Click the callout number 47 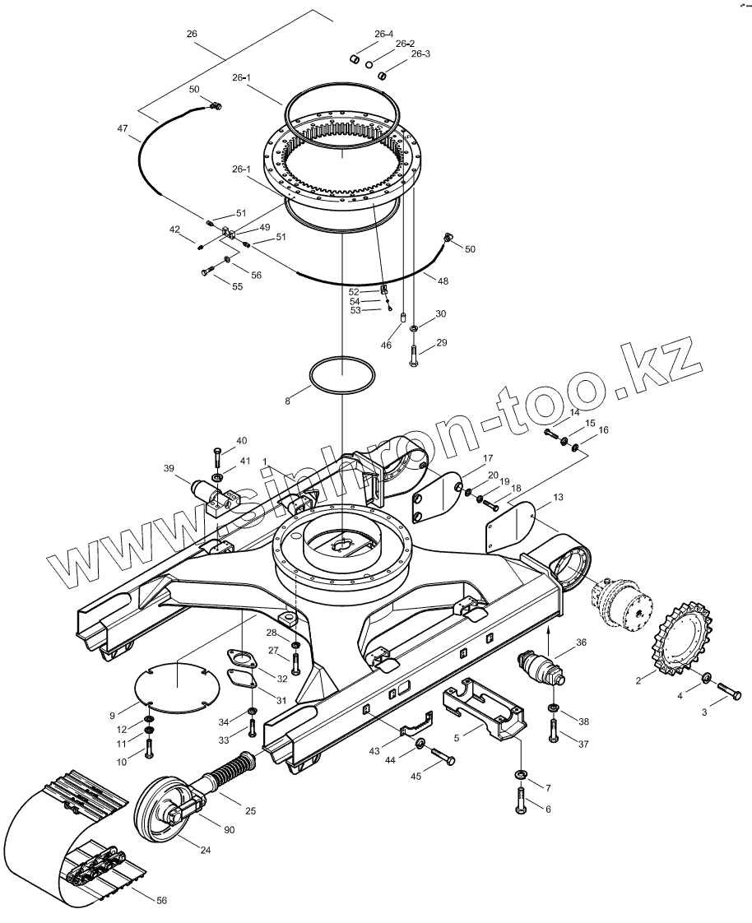tap(123, 128)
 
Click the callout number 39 tap(169, 468)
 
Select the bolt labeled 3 tap(729, 691)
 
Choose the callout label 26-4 tap(383, 34)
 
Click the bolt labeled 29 tap(413, 355)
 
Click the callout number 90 tap(230, 830)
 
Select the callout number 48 tap(443, 281)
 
